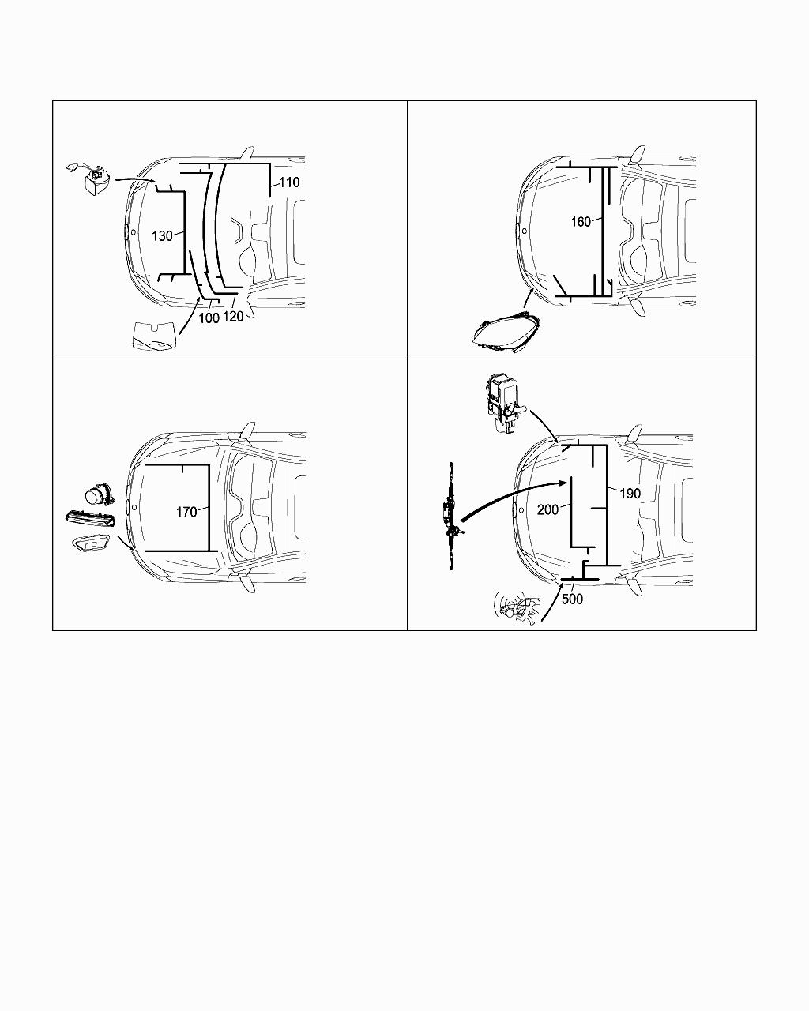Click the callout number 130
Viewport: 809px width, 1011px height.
point(162,236)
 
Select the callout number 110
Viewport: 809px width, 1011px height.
point(289,182)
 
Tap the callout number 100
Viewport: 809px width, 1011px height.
point(209,318)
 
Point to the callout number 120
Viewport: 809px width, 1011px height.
point(233,317)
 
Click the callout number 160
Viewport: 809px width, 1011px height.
point(581,222)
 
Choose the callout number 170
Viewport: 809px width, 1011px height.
point(186,512)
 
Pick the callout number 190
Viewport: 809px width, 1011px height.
point(630,494)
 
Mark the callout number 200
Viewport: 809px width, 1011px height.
point(547,509)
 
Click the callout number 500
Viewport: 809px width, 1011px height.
point(572,599)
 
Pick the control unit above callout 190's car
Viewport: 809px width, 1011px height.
point(506,402)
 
